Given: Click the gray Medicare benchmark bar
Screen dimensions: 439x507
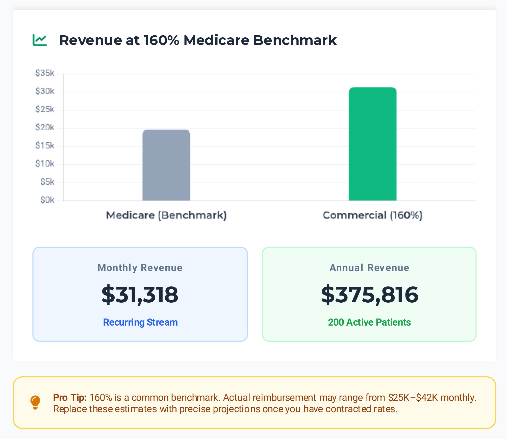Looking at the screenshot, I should coord(166,165).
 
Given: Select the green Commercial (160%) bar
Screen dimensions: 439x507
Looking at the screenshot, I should coord(373,144).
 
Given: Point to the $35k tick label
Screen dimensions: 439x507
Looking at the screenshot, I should coord(45,73).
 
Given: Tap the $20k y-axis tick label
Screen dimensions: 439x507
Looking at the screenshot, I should coord(45,128).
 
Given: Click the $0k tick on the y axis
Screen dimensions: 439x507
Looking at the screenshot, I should coord(47,200).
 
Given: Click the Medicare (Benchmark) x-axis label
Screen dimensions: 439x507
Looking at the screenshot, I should coord(166,215).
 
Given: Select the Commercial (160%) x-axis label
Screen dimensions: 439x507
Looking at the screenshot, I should coord(372,215).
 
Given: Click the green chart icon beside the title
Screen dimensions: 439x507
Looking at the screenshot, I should coord(40,40).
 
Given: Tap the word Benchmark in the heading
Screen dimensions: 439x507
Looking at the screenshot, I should coord(295,40).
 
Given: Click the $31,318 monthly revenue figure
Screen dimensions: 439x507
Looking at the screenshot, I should coord(140,295).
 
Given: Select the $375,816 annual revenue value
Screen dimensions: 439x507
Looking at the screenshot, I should coord(369,295).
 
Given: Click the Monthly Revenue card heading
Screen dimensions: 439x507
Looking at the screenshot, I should coord(140,268).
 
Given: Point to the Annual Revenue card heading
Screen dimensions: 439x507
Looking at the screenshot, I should coord(369,268).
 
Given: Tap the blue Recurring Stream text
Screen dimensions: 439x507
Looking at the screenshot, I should coord(140,322).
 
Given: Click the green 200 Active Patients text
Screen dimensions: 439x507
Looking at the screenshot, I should coord(369,322).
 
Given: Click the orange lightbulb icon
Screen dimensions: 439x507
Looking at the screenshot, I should coord(35,402).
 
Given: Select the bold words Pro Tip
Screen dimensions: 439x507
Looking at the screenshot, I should coord(70,398).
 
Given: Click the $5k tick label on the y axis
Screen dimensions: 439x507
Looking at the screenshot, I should coord(47,182).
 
